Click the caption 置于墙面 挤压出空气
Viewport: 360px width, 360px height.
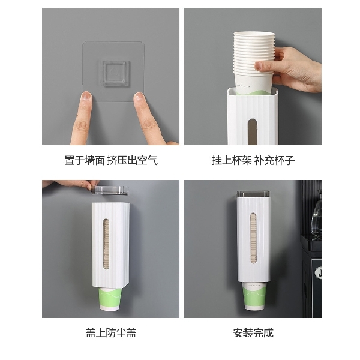click(111, 160)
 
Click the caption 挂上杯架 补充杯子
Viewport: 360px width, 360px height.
click(253, 160)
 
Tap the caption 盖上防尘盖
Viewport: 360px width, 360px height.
click(111, 333)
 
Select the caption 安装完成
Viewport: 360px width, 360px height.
click(253, 333)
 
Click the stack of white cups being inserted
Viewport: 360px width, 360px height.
click(254, 62)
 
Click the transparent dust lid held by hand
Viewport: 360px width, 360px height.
click(110, 190)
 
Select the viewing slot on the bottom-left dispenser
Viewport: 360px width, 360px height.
click(106, 244)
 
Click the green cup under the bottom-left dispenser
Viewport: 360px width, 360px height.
click(110, 299)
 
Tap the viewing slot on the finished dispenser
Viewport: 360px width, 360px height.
click(253, 238)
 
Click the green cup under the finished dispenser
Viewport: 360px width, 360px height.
click(254, 296)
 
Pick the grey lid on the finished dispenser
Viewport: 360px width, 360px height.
click(253, 194)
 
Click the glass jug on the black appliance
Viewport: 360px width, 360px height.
click(316, 215)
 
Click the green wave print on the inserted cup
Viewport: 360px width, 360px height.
click(254, 92)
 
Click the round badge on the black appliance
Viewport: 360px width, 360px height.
click(319, 273)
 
